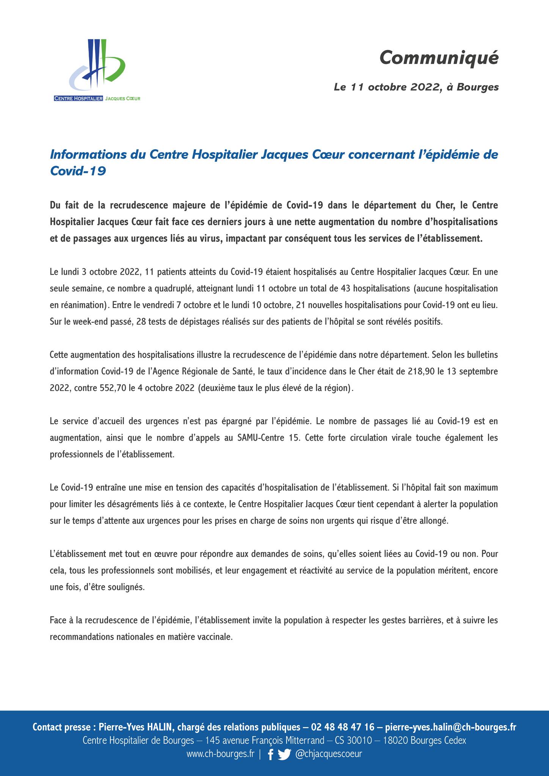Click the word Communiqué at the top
pyautogui.click(x=439, y=58)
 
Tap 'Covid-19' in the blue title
pyautogui.click(x=78, y=171)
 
